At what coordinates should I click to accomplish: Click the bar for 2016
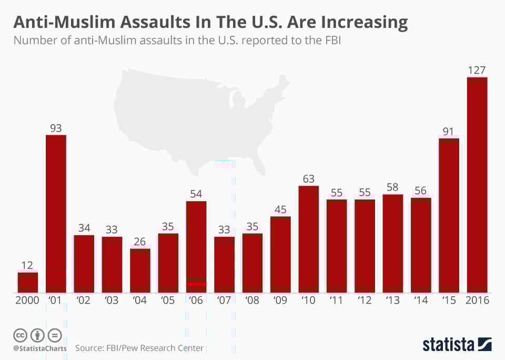[x=477, y=184]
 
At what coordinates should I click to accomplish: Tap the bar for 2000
[x=28, y=283]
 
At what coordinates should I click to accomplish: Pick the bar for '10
[x=309, y=239]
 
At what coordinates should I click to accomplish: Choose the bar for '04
[x=140, y=271]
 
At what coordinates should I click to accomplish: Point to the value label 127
[x=477, y=70]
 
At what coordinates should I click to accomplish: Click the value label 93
[x=56, y=128]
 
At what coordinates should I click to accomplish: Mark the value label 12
[x=27, y=265]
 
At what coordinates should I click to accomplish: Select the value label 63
[x=308, y=179]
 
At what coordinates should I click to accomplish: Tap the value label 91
[x=449, y=130]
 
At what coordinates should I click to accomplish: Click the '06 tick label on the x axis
[x=196, y=301]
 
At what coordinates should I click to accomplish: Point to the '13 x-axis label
[x=392, y=301]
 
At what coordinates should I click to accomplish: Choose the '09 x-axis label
[x=280, y=301]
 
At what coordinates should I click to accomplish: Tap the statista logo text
[x=449, y=345]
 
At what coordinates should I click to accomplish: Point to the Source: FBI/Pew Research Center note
[x=139, y=348]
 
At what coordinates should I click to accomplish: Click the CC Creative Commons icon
[x=20, y=335]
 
